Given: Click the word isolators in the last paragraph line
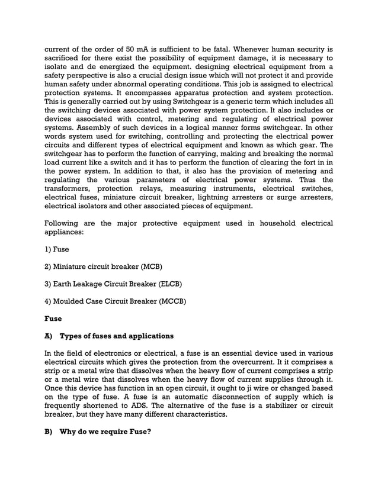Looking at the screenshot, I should coord(105,207).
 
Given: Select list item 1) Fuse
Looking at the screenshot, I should coord(57,249).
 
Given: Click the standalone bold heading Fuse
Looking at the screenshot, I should coord(53,319).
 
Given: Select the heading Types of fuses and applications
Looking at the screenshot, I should coord(116,336).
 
